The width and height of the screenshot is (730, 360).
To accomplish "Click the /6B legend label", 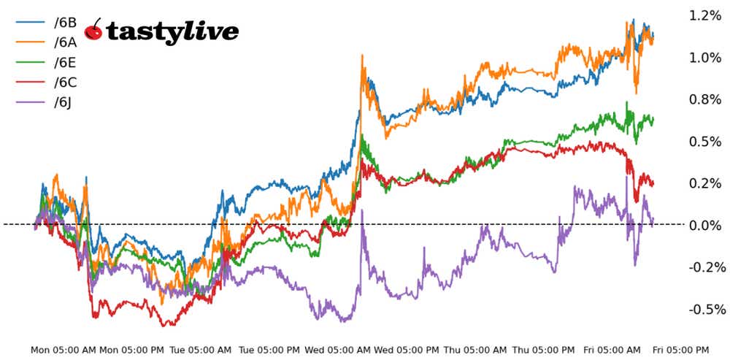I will pyautogui.click(x=65, y=22).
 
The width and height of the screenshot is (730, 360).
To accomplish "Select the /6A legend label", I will pyautogui.click(x=65, y=42).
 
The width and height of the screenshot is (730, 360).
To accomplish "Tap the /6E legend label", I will pyautogui.click(x=65, y=61).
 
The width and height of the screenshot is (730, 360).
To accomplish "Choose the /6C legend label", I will pyautogui.click(x=65, y=82).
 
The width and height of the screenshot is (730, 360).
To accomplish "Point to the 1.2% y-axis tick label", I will pyautogui.click(x=704, y=15).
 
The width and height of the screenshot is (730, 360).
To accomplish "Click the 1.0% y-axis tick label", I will pyautogui.click(x=704, y=58).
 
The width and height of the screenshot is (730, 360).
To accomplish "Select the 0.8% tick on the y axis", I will pyautogui.click(x=704, y=99).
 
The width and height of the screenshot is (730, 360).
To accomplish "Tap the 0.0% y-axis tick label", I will pyautogui.click(x=704, y=225).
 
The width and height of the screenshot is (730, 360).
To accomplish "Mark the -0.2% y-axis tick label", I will pyautogui.click(x=702, y=267).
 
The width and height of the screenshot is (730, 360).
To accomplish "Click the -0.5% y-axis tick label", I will pyautogui.click(x=702, y=309).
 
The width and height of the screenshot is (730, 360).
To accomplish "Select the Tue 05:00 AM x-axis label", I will pyautogui.click(x=201, y=350).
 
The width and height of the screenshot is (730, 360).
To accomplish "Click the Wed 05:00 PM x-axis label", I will pyautogui.click(x=407, y=350).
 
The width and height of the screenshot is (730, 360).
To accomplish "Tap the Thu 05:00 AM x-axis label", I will pyautogui.click(x=475, y=350).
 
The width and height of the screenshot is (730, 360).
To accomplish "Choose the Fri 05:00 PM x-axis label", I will pyautogui.click(x=680, y=350).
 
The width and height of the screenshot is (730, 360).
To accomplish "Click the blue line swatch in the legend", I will pyautogui.click(x=31, y=22).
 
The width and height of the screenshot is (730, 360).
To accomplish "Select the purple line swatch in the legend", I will pyautogui.click(x=31, y=102).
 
